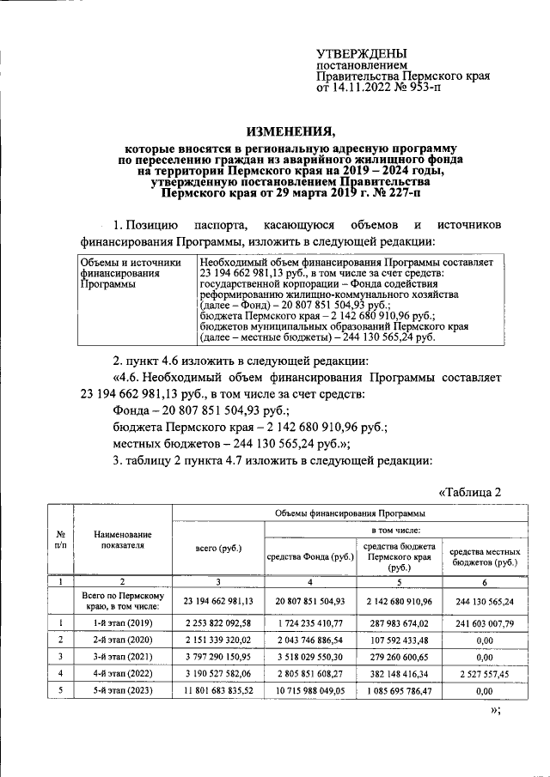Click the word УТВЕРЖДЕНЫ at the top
pos(362,53)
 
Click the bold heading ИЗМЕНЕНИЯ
pos(291,131)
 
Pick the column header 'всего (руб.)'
pos(219,548)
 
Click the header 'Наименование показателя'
pos(124,539)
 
